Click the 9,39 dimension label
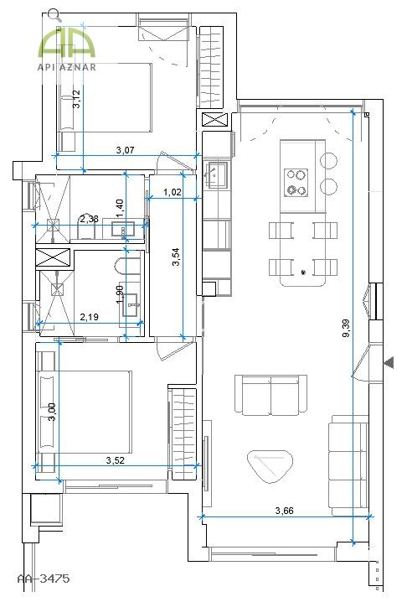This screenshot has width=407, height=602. (346, 329)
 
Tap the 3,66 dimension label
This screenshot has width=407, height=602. (284, 511)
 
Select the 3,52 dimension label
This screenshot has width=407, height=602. (115, 460)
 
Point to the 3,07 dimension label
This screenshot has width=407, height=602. (125, 150)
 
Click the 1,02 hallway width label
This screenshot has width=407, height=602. (173, 192)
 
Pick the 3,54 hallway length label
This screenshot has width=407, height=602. (176, 257)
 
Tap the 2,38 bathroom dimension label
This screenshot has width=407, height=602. (89, 219)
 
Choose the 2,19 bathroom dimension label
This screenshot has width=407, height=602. (89, 317)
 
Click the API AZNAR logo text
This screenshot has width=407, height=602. (67, 68)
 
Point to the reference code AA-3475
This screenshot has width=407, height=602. (44, 579)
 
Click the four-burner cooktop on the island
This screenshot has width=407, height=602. (296, 183)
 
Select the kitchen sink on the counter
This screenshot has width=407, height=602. (216, 175)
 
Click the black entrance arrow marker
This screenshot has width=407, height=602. (389, 362)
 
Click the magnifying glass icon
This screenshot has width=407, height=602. (54, 15)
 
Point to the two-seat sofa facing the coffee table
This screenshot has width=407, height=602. (270, 395)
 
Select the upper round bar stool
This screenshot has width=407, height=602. (329, 160)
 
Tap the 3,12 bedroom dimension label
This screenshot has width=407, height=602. (76, 99)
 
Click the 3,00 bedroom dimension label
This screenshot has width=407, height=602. (52, 412)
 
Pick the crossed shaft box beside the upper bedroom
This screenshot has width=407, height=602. (216, 120)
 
